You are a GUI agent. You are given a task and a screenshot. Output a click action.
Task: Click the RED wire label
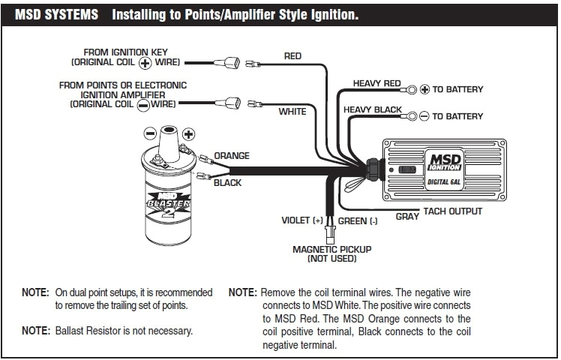pyautogui.click(x=292, y=56)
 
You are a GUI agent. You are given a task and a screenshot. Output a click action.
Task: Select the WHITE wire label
pyautogui.click(x=292, y=112)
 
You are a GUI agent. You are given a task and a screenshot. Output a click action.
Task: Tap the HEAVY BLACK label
pyautogui.click(x=373, y=109)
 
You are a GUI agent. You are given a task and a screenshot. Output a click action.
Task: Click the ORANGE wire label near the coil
pyautogui.click(x=232, y=155)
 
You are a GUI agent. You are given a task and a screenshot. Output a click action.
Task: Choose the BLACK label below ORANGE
pyautogui.click(x=228, y=182)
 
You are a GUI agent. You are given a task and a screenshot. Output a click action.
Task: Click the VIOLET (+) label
pyautogui.click(x=301, y=220)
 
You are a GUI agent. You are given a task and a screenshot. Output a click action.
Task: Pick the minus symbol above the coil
pyautogui.click(x=150, y=133)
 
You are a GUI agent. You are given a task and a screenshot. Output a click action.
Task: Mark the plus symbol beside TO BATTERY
pyautogui.click(x=424, y=89)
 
